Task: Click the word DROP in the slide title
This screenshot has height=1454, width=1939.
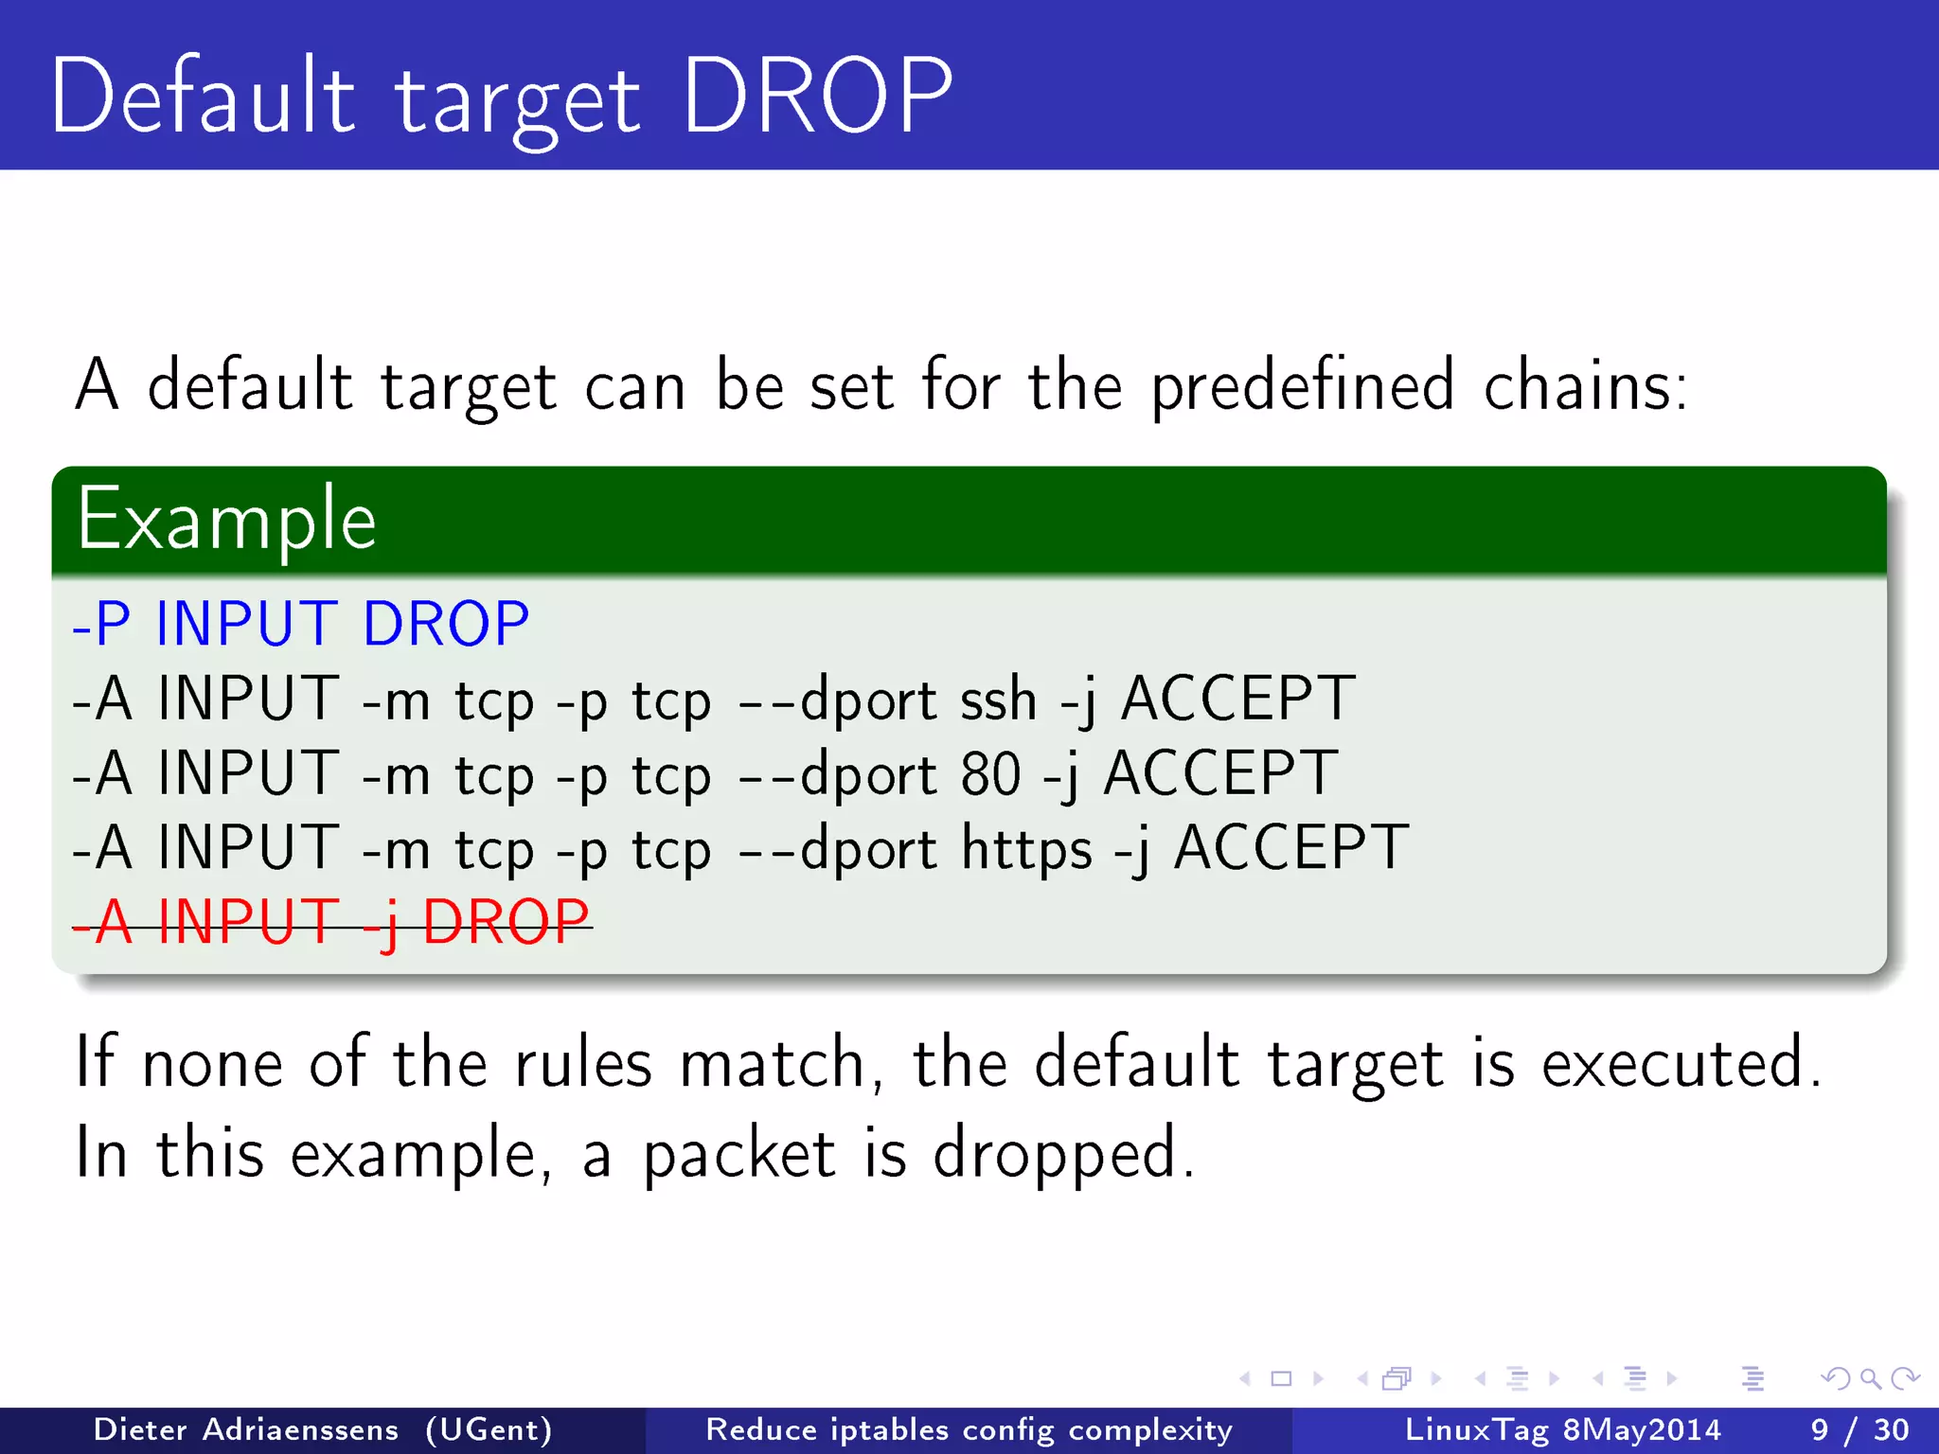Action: pos(816,97)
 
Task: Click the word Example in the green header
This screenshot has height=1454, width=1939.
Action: pos(226,519)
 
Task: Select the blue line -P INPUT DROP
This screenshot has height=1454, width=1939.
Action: pos(301,624)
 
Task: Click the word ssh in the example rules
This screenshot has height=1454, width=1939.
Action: pos(998,700)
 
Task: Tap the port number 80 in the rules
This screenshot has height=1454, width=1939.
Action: pos(990,774)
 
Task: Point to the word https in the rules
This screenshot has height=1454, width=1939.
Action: pos(1026,848)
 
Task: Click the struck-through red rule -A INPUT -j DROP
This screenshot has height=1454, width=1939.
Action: pos(331,922)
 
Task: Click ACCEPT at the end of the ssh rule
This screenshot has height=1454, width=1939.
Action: pos(1237,700)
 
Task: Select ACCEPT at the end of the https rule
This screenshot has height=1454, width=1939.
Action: pos(1291,848)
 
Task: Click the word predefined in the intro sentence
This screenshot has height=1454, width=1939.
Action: pos(1302,386)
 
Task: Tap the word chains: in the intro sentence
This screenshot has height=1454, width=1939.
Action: pos(1585,386)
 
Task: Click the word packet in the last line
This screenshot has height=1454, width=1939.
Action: pos(738,1154)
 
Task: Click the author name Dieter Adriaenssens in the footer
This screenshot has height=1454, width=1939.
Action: pos(246,1429)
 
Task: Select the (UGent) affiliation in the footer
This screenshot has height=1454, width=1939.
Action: pos(489,1429)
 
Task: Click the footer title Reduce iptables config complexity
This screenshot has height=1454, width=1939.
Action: pos(969,1429)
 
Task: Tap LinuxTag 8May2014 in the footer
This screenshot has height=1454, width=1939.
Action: pos(1562,1429)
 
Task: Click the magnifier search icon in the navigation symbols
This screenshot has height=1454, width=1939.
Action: pos(1870,1378)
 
